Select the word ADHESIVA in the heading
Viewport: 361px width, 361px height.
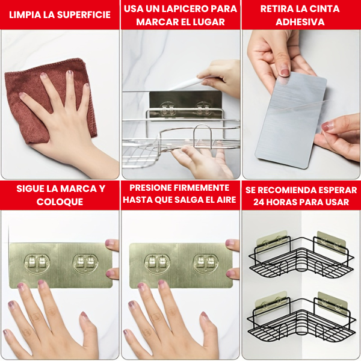point(300,22)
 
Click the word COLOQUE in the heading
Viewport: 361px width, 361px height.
point(60,202)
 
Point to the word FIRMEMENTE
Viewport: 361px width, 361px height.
point(201,188)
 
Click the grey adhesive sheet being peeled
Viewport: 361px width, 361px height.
point(291,120)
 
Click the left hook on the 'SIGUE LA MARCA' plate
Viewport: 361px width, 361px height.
point(37,263)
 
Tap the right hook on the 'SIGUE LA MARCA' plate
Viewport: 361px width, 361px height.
point(85,263)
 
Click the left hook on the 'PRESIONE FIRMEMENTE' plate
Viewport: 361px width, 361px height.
point(157,263)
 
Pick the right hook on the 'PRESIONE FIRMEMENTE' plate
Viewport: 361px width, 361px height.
point(206,263)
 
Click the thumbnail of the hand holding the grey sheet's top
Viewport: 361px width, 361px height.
point(285,72)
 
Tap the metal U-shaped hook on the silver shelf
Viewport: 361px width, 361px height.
point(203,135)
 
